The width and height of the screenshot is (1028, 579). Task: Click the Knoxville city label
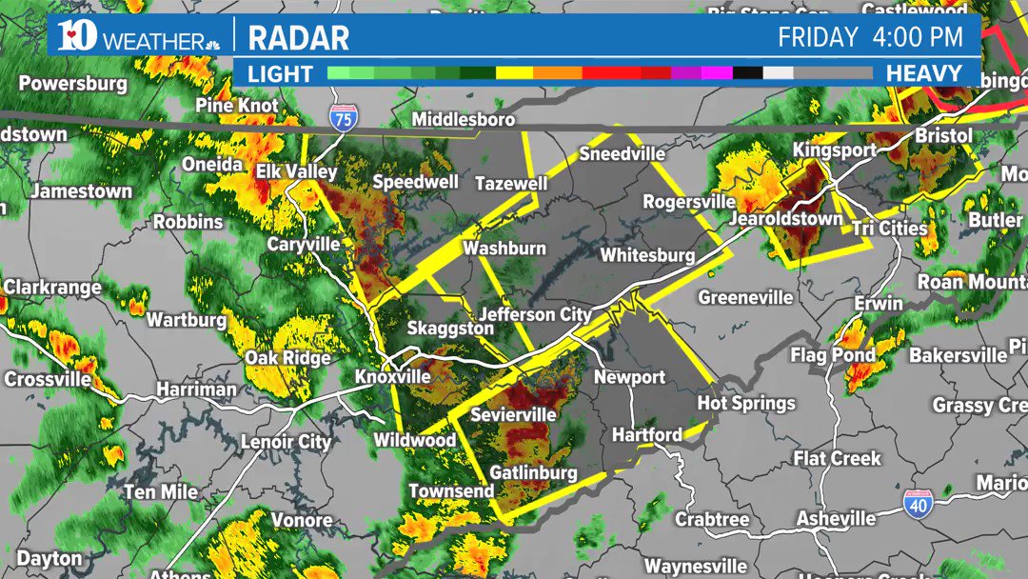(x=393, y=376)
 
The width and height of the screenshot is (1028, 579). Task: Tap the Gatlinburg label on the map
(x=533, y=472)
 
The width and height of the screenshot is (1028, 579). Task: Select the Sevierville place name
(x=513, y=415)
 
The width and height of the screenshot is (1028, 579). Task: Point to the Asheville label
(x=836, y=518)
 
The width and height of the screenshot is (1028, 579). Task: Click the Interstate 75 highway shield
(x=340, y=119)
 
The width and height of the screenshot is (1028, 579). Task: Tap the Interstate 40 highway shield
(x=918, y=505)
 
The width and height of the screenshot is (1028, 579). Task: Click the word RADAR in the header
(x=298, y=38)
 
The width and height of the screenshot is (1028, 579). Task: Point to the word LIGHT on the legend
(x=281, y=73)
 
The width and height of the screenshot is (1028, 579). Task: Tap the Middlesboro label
(x=464, y=120)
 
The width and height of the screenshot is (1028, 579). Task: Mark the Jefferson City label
(x=535, y=314)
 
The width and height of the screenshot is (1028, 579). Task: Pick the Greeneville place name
(x=745, y=297)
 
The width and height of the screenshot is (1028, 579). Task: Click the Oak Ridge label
(x=287, y=358)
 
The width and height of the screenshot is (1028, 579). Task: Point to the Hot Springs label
(x=745, y=403)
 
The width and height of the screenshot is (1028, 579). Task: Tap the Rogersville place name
(x=689, y=202)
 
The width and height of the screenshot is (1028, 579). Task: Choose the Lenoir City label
(x=286, y=441)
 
